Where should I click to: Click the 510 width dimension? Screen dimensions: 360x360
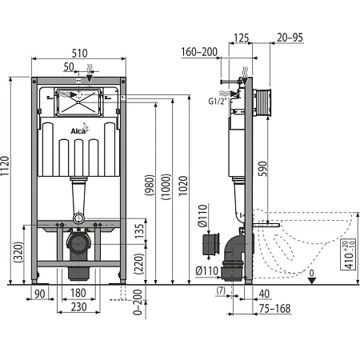click(79, 54)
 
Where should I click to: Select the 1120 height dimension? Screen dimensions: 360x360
click(5, 166)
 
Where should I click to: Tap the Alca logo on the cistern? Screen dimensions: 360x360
click(80, 130)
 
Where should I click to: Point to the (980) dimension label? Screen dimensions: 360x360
click(150, 185)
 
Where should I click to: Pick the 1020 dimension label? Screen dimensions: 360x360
click(183, 186)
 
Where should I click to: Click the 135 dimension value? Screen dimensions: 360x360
click(139, 231)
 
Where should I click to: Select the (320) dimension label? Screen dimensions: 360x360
click(18, 252)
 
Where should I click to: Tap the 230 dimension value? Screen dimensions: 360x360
click(78, 307)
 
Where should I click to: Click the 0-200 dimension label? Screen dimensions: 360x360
click(138, 302)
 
